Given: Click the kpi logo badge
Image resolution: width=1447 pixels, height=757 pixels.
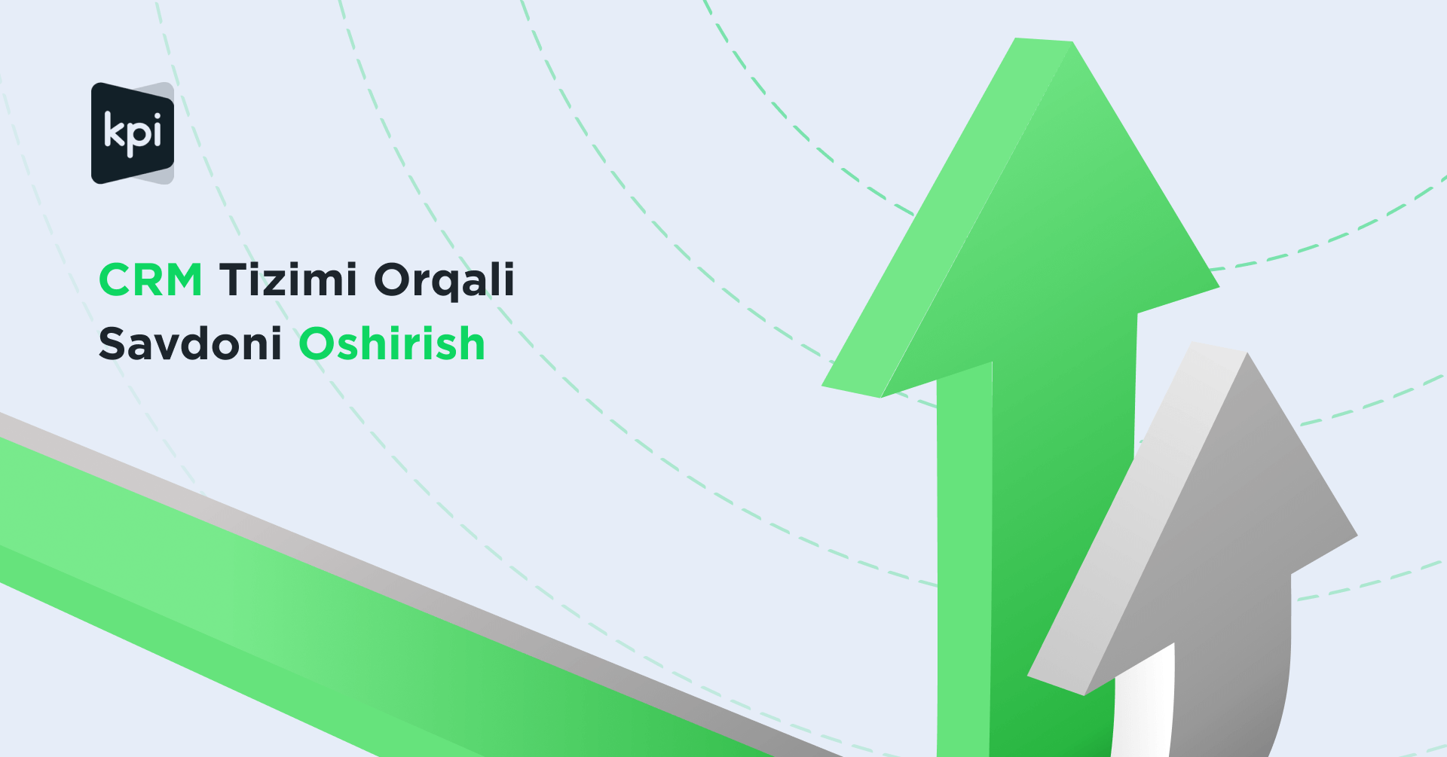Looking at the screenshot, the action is (133, 133).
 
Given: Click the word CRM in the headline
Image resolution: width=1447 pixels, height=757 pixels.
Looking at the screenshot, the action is (151, 280).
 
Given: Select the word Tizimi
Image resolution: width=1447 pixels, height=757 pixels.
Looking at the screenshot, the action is (288, 279).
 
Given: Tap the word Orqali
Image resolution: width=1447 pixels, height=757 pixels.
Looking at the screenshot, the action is (444, 281).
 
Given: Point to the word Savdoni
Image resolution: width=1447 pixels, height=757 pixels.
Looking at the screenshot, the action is (190, 343).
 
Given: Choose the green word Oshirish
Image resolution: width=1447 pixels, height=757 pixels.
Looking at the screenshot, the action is (392, 343).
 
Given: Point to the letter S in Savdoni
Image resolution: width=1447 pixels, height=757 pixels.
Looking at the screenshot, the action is (112, 344).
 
